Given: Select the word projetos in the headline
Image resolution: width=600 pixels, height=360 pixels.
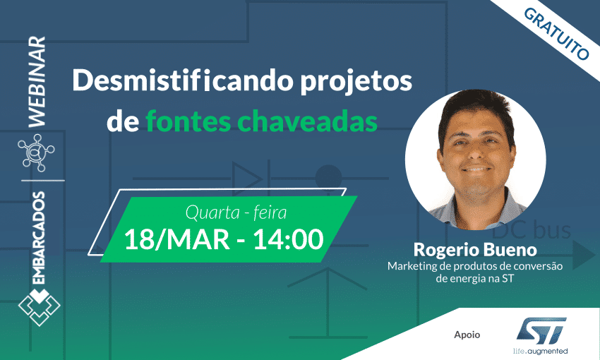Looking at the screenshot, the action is click(x=356, y=83).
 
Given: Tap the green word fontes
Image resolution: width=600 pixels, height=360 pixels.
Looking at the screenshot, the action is click(x=188, y=121).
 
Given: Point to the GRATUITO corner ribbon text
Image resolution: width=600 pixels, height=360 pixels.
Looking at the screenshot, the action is click(x=556, y=34).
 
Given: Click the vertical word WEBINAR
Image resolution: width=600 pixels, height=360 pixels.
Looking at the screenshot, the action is click(x=37, y=81).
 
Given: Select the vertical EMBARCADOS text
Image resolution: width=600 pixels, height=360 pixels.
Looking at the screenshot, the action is click(x=38, y=238).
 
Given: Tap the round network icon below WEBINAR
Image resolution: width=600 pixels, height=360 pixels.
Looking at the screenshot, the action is click(x=36, y=152).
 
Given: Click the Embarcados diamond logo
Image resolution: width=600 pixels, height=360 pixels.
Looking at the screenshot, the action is click(x=39, y=307).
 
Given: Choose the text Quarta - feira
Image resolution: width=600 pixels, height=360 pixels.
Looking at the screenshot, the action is click(x=236, y=212).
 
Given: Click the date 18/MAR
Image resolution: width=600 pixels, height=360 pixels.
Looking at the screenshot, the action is click(x=176, y=240).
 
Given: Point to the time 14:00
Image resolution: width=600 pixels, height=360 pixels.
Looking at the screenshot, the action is click(x=288, y=240).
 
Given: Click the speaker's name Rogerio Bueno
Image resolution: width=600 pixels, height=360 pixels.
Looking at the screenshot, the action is click(x=475, y=250).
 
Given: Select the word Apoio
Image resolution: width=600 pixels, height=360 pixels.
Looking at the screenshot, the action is click(x=467, y=335).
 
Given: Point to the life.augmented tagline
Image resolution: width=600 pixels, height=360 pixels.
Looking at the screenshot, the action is click(x=540, y=351).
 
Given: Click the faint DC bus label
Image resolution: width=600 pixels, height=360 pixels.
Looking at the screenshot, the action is click(x=531, y=231).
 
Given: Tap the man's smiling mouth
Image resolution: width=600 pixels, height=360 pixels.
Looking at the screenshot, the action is click(x=476, y=169).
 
